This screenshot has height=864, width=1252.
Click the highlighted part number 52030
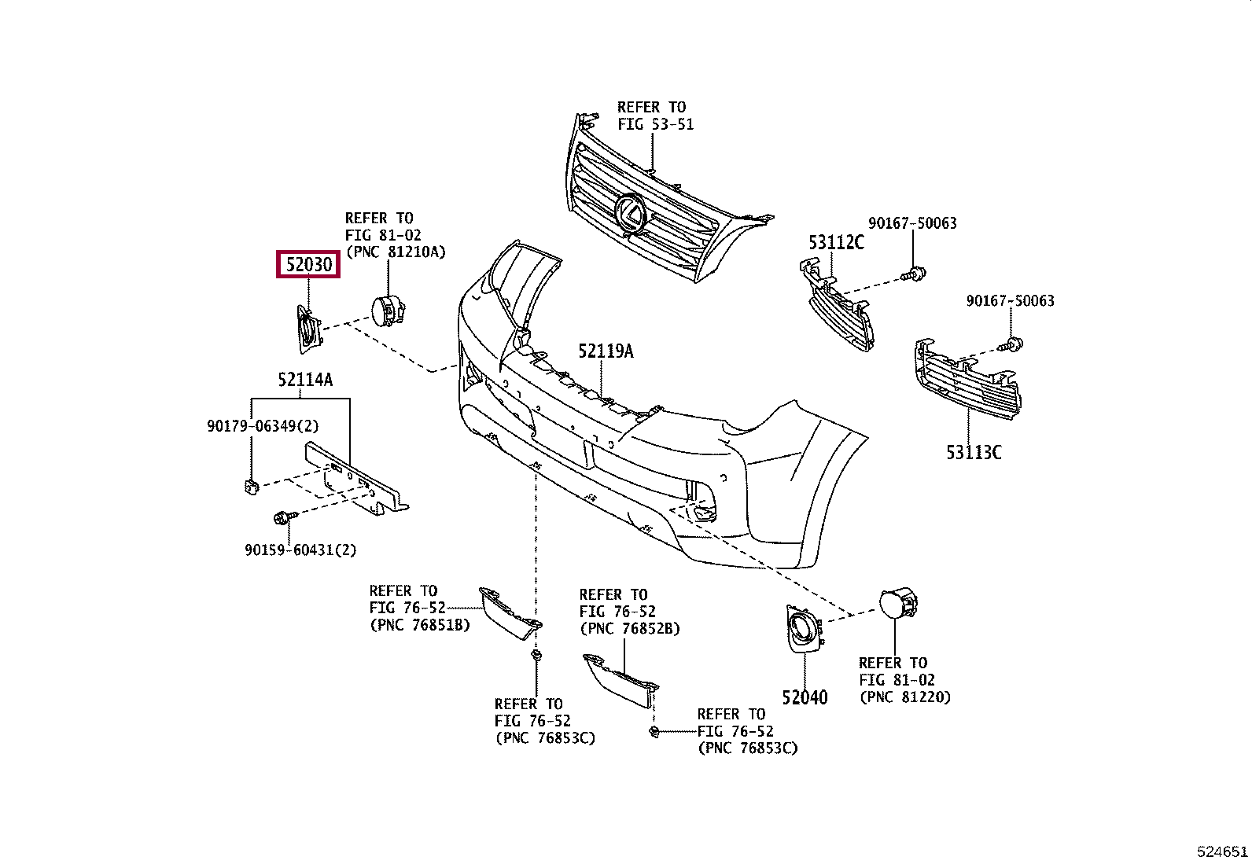308,265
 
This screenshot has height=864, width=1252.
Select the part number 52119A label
606,351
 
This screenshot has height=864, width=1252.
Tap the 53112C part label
836,242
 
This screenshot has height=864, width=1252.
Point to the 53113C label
974,452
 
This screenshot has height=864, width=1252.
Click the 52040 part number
805,697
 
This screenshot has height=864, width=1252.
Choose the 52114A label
304,381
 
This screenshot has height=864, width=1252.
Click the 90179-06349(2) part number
263,426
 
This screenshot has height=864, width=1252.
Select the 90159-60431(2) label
300,550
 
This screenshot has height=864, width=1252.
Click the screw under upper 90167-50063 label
914,275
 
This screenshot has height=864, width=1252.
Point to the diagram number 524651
1222,851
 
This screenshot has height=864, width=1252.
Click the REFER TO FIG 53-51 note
654,116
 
